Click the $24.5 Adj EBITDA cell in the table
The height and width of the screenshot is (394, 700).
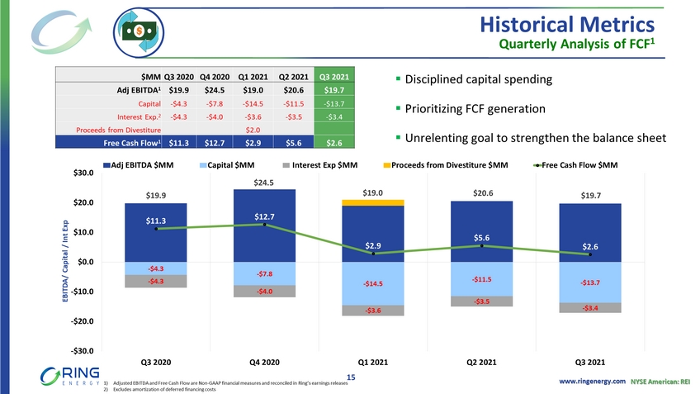click(214, 90)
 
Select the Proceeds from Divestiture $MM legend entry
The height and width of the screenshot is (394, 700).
click(447, 165)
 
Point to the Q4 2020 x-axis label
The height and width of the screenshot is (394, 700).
click(264, 362)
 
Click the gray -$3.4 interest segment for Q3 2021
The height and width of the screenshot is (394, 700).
click(589, 308)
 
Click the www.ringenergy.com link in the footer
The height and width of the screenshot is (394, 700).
click(593, 380)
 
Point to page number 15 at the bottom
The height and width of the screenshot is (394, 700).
click(350, 377)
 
